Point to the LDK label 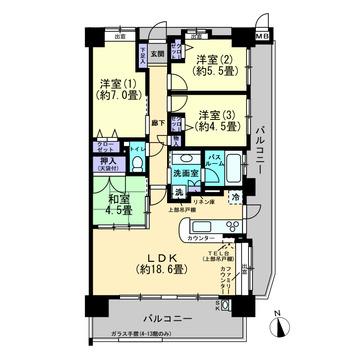(152, 257)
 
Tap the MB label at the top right (263, 37)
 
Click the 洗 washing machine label (179, 191)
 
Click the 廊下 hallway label (160, 121)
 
